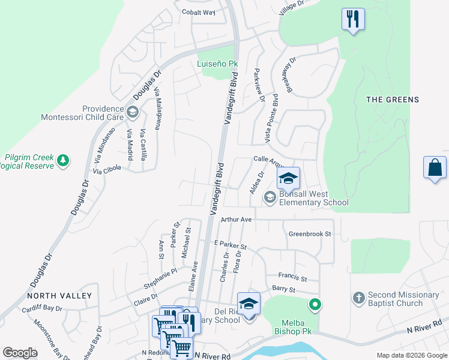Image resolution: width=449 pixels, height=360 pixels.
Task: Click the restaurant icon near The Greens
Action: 353,19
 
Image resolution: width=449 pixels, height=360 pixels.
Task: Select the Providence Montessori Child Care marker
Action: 133,111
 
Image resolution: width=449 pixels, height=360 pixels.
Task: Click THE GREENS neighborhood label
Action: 393,100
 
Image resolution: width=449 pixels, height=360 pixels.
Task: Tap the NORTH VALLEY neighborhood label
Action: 59,296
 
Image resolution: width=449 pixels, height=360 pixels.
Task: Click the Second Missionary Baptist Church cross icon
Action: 358,298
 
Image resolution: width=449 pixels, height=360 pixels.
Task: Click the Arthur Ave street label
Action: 236,220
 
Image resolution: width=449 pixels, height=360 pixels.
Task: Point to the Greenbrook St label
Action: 310,234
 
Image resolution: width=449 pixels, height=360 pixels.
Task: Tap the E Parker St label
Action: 231,246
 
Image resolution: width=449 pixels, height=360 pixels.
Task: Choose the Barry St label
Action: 283,290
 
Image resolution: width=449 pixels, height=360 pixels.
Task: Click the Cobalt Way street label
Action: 199,12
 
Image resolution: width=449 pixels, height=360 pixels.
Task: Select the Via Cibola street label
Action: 107,169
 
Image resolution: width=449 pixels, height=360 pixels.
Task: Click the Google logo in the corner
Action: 20,353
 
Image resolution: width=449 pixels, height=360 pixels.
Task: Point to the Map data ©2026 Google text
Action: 411,355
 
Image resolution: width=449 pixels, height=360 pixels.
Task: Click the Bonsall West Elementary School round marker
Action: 270,196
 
